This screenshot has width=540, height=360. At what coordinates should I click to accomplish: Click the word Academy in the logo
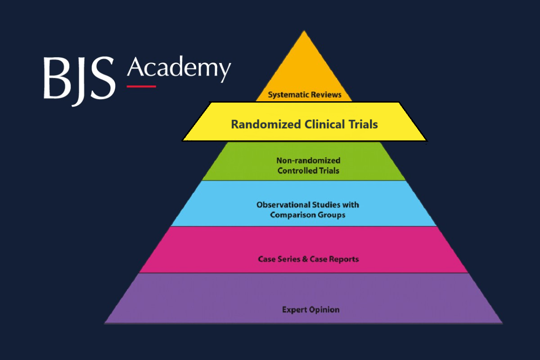179,68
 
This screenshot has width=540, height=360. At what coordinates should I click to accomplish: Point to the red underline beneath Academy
141,86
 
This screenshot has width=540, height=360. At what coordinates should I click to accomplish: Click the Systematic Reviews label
305,95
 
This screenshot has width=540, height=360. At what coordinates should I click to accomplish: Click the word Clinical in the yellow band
319,124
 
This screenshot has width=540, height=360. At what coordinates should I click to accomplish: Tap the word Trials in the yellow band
362,124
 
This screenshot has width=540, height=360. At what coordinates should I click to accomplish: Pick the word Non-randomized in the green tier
308,161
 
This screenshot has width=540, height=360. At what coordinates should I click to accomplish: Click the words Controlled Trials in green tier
308,171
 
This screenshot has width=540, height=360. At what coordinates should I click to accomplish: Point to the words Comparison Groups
308,215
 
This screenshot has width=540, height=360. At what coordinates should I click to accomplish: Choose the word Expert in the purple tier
294,310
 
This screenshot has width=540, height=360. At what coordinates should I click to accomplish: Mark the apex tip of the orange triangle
304,31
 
